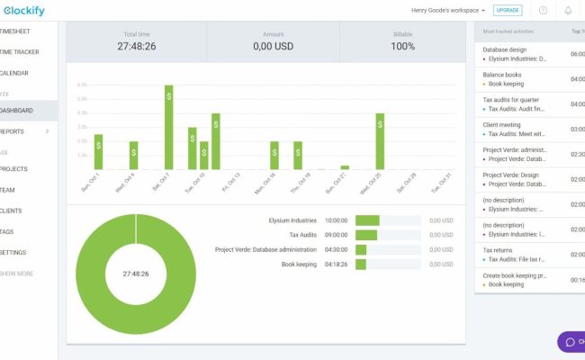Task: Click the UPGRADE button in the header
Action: pyautogui.click(x=508, y=10)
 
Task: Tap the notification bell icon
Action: pyautogui.click(x=568, y=10)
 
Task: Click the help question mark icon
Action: pyautogui.click(x=543, y=10)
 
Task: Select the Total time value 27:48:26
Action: pyautogui.click(x=136, y=46)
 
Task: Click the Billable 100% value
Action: pyautogui.click(x=403, y=46)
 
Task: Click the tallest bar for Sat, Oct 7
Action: pyautogui.click(x=168, y=127)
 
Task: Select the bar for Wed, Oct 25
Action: pyautogui.click(x=380, y=141)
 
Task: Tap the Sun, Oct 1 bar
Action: pyautogui.click(x=98, y=151)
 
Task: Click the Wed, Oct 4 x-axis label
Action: pyautogui.click(x=126, y=181)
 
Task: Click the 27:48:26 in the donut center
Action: pyautogui.click(x=136, y=273)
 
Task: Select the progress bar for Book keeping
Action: pyautogui.click(x=361, y=265)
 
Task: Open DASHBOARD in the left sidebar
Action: pyautogui.click(x=18, y=111)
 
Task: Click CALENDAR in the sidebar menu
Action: pyautogui.click(x=18, y=73)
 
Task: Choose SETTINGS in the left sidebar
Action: pyautogui.click(x=18, y=252)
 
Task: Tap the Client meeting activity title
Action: pyautogui.click(x=502, y=124)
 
